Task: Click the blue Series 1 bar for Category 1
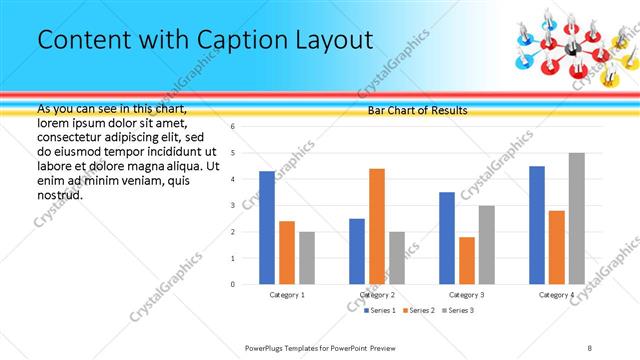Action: point(266,228)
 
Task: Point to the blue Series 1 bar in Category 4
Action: point(537,225)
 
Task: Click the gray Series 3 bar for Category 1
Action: point(306,258)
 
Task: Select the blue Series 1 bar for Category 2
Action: point(356,251)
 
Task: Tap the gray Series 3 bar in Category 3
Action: point(486,245)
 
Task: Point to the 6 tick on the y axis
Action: point(232,127)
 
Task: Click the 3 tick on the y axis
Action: point(232,205)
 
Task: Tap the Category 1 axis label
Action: point(287,295)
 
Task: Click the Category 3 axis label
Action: point(466,295)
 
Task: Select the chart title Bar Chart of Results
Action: point(417,110)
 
